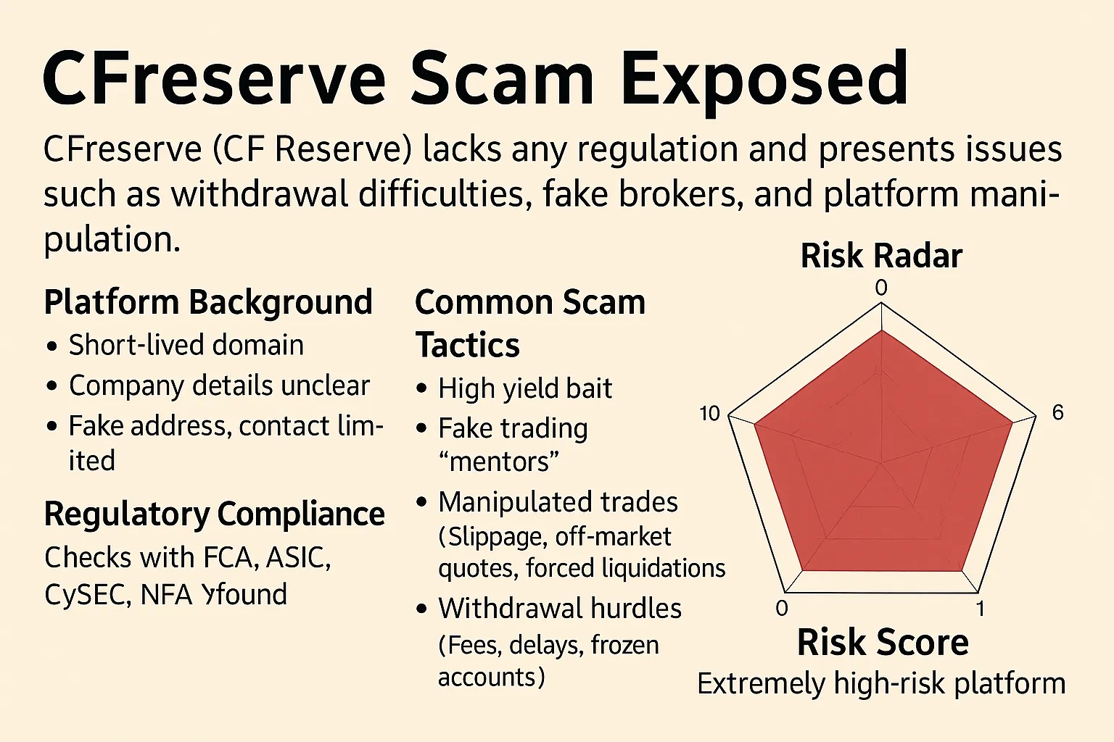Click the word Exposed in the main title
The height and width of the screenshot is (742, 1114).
click(764, 80)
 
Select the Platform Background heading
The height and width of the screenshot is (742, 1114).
click(208, 302)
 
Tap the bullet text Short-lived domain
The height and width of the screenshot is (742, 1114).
click(186, 346)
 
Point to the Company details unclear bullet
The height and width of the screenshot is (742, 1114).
click(219, 386)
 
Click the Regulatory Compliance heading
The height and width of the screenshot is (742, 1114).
click(214, 514)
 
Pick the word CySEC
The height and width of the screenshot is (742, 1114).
click(87, 595)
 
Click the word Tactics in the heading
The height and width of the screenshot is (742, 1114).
click(467, 346)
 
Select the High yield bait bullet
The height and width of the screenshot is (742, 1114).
click(525, 389)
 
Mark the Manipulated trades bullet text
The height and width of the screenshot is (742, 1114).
click(558, 502)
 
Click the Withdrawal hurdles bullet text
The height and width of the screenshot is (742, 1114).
click(559, 609)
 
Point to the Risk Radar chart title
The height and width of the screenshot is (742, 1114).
click(881, 257)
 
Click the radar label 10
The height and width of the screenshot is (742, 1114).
click(709, 414)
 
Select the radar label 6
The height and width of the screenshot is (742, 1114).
click(1057, 413)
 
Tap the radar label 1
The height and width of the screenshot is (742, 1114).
click(980, 609)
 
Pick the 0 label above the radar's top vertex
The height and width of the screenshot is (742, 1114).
click(880, 288)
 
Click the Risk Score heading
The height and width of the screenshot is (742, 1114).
click(883, 643)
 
